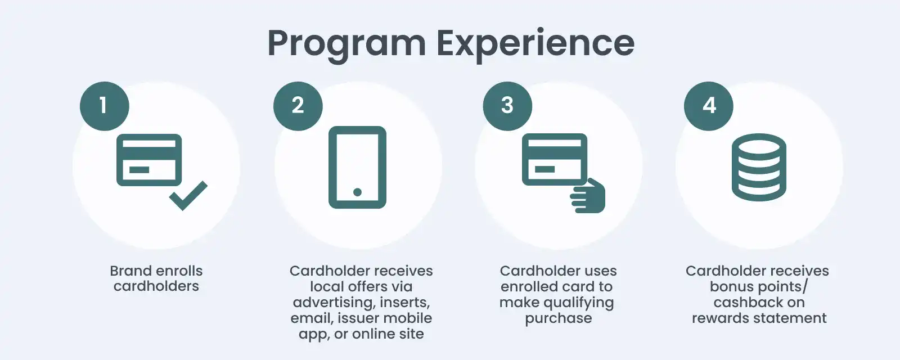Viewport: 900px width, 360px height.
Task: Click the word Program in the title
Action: [346, 43]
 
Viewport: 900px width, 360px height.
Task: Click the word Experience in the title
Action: [535, 43]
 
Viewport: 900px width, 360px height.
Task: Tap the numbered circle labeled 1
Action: [104, 106]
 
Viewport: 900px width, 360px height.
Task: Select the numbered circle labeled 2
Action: [298, 106]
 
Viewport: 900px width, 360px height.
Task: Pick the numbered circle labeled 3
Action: [507, 106]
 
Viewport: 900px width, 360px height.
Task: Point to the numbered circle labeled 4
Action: [708, 106]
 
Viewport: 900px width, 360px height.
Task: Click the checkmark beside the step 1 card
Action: [188, 195]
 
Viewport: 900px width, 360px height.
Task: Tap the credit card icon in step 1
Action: [149, 160]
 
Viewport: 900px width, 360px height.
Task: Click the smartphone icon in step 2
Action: [357, 167]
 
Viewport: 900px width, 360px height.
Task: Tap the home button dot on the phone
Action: [357, 192]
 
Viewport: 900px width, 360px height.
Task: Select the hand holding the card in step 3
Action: [589, 197]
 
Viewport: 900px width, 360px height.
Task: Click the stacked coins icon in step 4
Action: [758, 167]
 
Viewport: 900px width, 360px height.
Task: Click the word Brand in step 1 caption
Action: [130, 271]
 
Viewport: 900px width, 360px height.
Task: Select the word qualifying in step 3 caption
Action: [579, 303]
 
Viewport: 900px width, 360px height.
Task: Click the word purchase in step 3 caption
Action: [558, 318]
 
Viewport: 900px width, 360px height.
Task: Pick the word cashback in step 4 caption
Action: [748, 303]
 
